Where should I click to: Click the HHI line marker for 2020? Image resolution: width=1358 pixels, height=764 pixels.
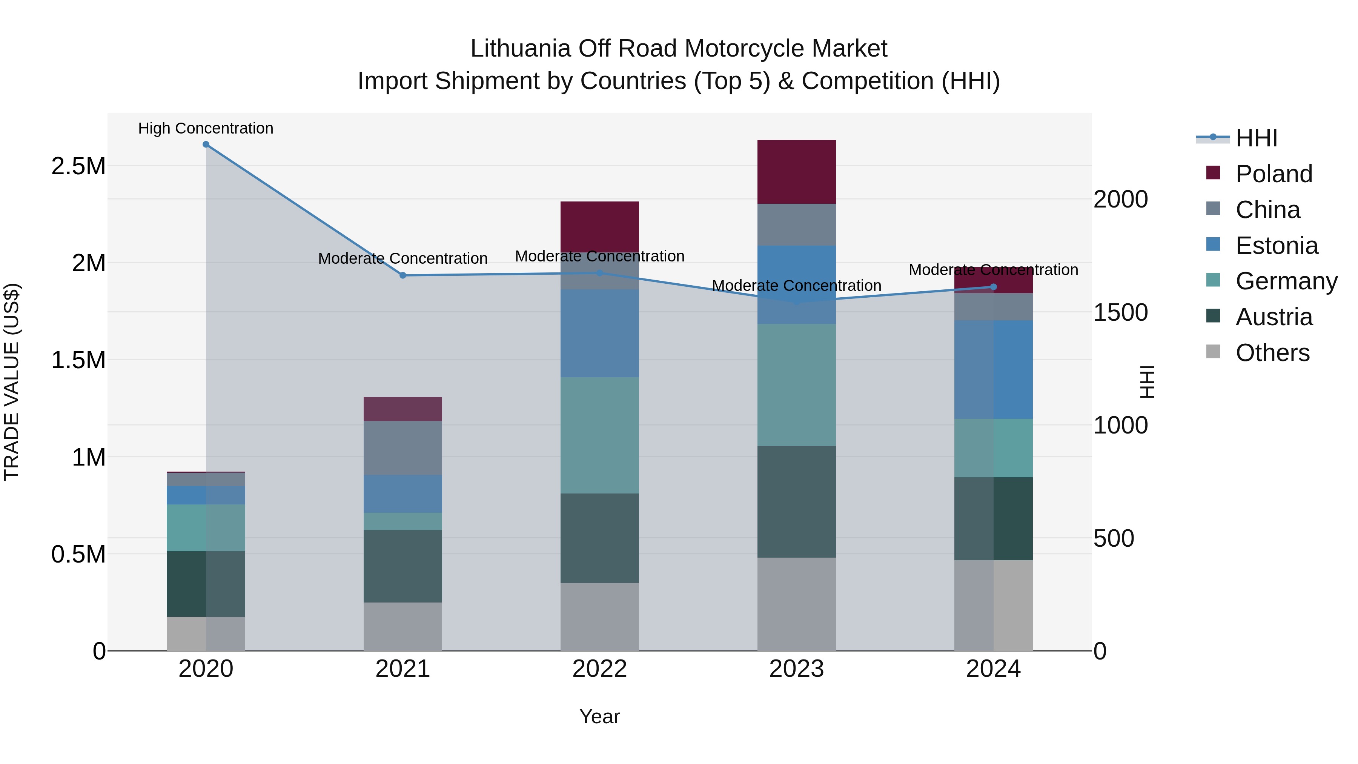(206, 144)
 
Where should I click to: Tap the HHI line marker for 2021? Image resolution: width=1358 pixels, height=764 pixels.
(403, 275)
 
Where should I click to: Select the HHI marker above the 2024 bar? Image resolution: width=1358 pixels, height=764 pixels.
(994, 287)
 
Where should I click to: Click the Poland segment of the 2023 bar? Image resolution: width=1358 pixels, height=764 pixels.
(797, 172)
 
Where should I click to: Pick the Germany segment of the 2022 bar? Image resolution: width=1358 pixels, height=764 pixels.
(599, 435)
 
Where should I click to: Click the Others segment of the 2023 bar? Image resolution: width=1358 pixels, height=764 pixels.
(797, 604)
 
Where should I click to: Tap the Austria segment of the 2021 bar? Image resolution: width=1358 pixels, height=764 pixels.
(403, 566)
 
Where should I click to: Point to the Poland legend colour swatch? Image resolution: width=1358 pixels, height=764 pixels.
(1213, 173)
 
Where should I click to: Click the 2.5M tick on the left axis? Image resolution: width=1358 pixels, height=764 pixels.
(78, 166)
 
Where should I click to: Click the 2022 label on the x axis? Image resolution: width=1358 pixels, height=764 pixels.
(599, 669)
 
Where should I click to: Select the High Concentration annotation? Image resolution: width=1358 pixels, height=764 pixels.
(206, 128)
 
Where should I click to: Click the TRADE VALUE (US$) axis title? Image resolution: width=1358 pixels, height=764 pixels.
(12, 382)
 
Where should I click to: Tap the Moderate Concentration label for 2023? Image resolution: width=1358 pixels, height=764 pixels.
(797, 285)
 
